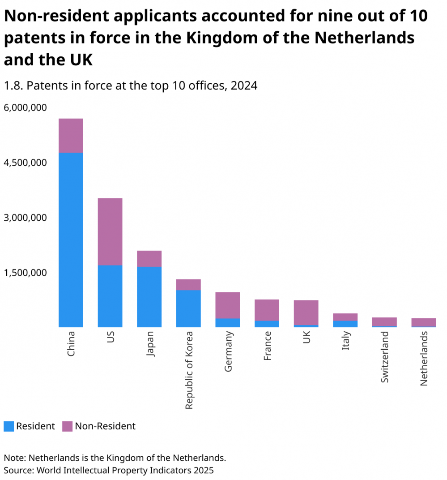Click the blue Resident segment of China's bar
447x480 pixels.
coord(71,240)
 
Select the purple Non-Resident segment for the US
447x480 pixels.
coord(110,231)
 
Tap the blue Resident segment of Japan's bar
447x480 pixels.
coord(149,296)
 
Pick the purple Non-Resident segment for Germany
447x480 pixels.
coord(228,305)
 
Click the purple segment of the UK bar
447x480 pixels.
coord(306,312)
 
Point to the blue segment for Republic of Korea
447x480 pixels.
coord(188,308)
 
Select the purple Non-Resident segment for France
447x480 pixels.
coord(267,310)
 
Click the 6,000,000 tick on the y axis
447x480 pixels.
coord(25,108)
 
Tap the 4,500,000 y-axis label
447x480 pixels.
coord(25,163)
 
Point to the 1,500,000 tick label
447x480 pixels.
coord(25,273)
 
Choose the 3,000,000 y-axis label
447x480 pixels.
coord(25,218)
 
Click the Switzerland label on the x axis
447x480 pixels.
coord(385,357)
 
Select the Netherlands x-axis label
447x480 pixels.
coord(424,359)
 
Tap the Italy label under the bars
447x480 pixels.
coord(346,341)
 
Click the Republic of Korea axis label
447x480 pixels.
coord(189,370)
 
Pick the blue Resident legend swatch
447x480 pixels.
coord(9,426)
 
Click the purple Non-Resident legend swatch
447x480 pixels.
coord(67,426)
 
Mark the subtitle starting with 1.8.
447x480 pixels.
coord(130,86)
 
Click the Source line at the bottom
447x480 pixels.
coord(109,470)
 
